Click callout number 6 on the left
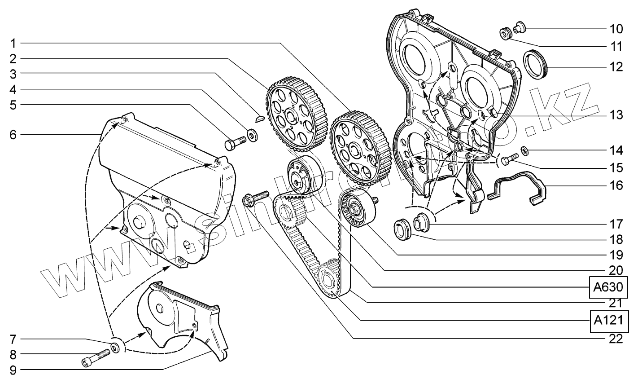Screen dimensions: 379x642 (13, 134)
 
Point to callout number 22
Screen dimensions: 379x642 (616, 339)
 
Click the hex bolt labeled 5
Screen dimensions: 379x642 (235, 143)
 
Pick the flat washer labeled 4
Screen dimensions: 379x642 (253, 134)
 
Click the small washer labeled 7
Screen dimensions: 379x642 (115, 348)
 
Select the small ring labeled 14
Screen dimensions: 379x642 (524, 149)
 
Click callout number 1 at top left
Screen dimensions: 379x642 (13, 43)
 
